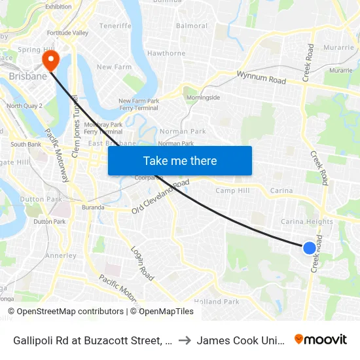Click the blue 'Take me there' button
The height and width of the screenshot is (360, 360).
(179, 160)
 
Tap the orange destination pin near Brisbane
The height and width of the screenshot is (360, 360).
(50, 62)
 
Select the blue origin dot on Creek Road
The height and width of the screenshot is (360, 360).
(310, 247)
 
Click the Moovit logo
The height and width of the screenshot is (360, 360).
(320, 340)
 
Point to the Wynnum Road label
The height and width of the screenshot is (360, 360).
(261, 78)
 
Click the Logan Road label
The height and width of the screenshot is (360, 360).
(141, 263)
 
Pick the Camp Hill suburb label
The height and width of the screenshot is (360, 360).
(232, 190)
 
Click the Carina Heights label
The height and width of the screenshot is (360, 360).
(306, 222)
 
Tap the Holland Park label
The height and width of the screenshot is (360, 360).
(217, 302)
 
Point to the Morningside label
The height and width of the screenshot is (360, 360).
(204, 98)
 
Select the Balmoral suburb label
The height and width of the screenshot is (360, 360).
(192, 26)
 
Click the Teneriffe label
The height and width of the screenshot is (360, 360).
(115, 26)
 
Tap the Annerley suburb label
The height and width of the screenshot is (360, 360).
(62, 255)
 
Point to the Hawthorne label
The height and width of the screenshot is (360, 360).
(167, 54)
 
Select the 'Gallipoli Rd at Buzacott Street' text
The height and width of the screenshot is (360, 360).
(88, 340)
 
